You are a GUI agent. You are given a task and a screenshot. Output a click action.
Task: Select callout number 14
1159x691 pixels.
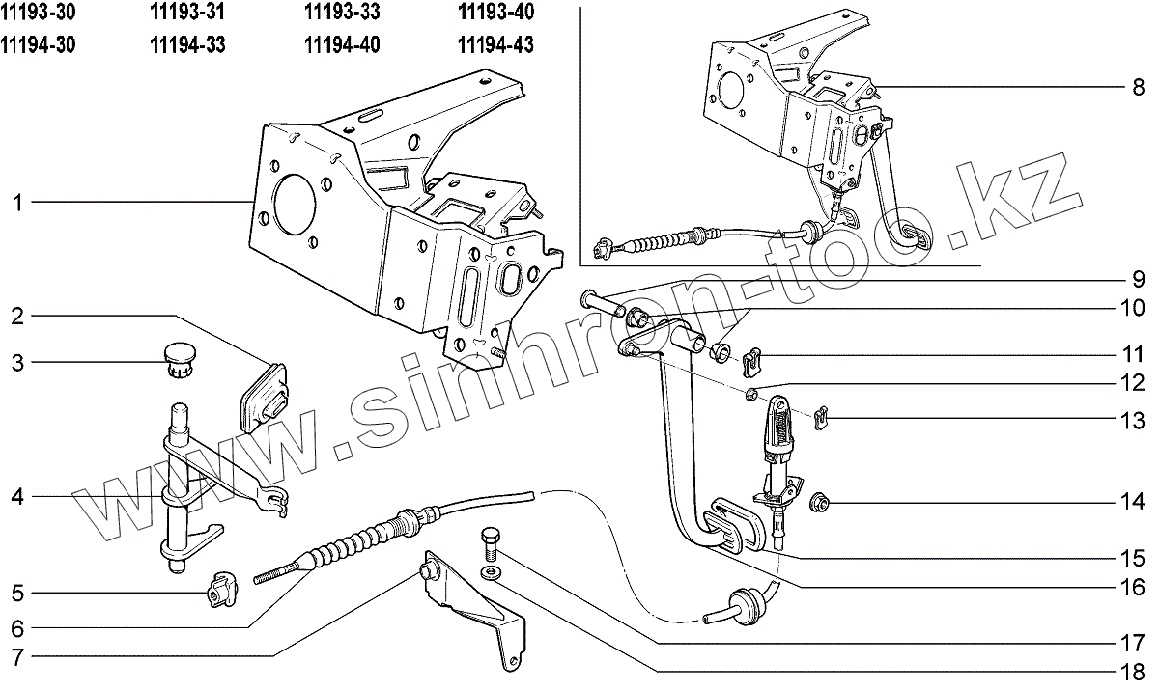coord(1133,502)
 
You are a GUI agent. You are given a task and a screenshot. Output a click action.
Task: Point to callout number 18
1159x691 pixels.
coord(1133,672)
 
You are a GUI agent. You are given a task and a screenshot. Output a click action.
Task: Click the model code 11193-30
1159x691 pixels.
coord(40,13)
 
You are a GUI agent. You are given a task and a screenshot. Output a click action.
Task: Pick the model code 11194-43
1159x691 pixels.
coord(495,44)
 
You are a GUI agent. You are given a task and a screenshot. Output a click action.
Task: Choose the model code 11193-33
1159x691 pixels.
coord(342,13)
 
